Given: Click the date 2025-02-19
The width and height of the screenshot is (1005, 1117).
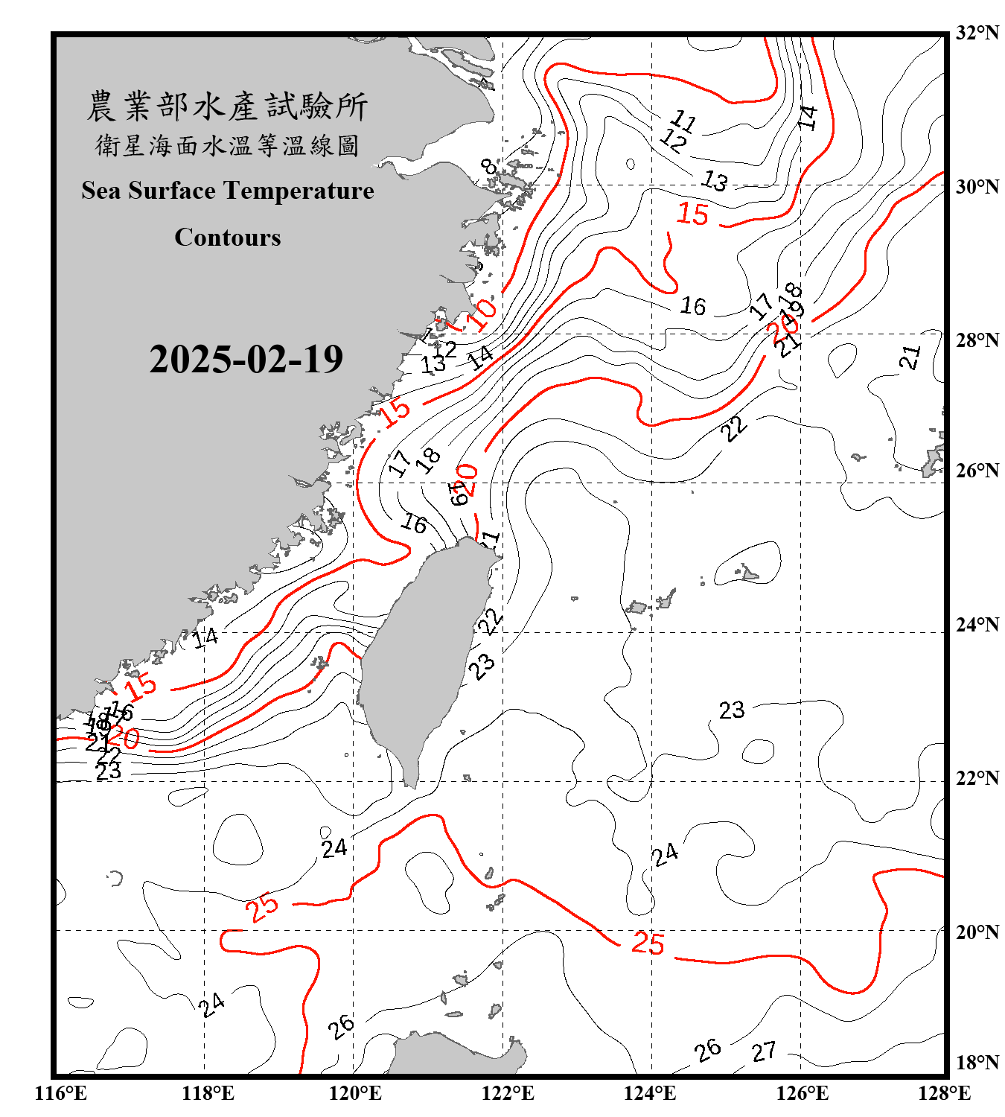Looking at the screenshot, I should click(246, 360).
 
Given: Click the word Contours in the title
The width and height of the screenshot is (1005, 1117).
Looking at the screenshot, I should click(228, 238).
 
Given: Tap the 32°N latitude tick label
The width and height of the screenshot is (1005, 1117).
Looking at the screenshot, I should click(977, 33).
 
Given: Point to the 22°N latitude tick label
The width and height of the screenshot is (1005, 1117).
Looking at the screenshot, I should click(977, 778).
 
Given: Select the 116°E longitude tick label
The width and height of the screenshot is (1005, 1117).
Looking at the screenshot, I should click(60, 1093).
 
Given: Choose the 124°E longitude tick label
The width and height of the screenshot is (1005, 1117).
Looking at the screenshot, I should click(650, 1093).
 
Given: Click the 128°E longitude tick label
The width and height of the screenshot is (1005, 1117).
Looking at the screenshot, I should click(944, 1093).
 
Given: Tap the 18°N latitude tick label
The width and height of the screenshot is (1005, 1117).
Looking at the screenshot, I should click(977, 1063).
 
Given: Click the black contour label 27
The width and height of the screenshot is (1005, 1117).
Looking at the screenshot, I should click(764, 1051).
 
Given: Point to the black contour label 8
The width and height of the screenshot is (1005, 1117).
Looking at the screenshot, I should click(488, 166).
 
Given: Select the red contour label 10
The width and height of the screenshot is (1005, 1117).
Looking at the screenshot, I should click(482, 315).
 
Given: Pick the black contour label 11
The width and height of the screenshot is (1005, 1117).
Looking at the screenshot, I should click(683, 121).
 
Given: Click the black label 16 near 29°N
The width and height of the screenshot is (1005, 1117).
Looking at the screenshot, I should click(693, 306).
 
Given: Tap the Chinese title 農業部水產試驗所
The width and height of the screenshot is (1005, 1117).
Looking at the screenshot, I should click(227, 106).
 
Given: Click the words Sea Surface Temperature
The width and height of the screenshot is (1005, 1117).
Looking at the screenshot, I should click(228, 191).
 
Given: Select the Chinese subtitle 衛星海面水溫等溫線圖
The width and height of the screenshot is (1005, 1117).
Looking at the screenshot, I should click(227, 145).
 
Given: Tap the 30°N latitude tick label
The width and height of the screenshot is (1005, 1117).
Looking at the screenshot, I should click(977, 187).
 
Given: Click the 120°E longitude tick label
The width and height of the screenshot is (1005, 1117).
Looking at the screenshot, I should click(355, 1093).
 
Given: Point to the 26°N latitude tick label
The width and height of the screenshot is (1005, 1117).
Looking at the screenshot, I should click(977, 471).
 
